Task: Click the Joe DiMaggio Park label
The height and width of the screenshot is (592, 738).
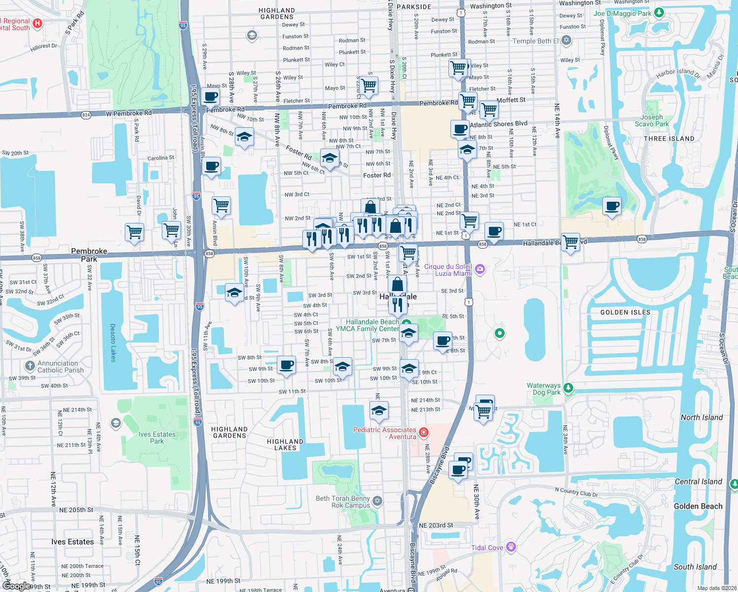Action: point(623,13)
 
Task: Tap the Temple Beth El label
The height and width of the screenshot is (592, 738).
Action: point(535,41)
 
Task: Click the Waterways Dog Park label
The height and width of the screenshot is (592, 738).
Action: point(544,389)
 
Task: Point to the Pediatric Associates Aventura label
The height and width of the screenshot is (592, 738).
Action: point(385,433)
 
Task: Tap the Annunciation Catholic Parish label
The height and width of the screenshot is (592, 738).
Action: point(60,367)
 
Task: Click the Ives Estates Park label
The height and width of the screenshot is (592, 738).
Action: point(157,438)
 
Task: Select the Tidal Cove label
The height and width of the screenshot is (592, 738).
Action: point(487,548)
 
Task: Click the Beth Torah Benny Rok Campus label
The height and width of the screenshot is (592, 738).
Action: point(343,502)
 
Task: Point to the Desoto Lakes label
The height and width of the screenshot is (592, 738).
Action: point(113,343)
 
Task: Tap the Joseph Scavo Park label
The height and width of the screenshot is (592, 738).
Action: point(652,120)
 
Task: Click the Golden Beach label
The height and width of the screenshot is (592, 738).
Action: point(698,506)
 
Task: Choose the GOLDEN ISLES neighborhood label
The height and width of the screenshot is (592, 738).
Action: point(625,312)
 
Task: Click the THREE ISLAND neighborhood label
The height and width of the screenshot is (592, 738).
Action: point(669,139)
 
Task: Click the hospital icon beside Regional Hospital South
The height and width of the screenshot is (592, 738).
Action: point(37,23)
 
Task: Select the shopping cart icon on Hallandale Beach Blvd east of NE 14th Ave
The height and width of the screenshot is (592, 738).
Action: point(570,242)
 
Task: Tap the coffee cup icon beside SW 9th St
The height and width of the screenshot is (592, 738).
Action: point(286,366)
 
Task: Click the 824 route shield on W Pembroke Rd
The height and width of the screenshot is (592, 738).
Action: point(86,115)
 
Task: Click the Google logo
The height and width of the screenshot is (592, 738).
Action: point(16,586)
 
